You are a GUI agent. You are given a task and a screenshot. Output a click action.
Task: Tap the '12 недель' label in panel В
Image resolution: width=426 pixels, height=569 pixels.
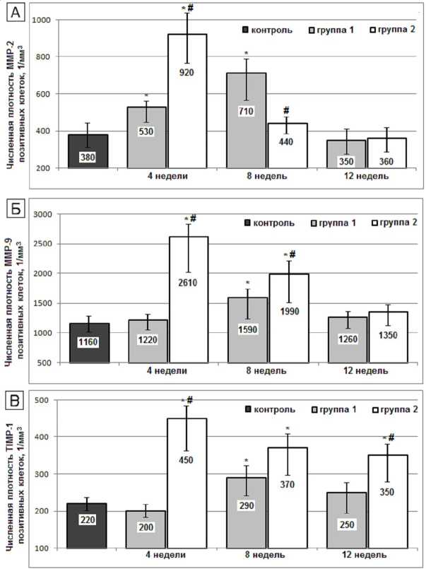[x=365, y=556]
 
